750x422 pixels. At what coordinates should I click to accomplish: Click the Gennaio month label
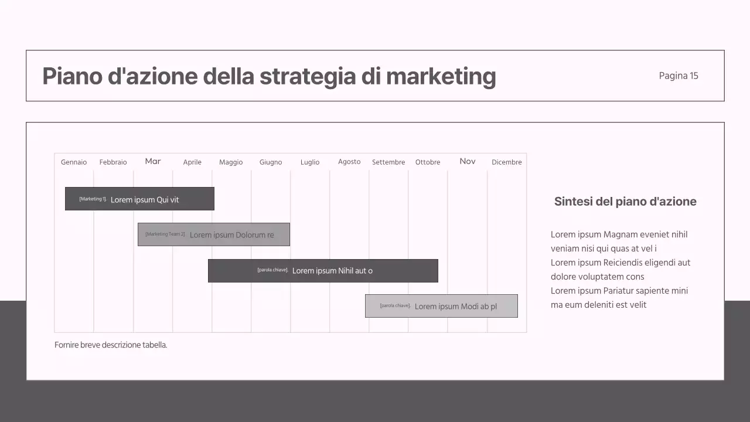coord(74,162)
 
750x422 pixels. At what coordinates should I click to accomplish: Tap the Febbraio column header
coord(113,162)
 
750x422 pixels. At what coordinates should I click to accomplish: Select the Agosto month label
coord(349,162)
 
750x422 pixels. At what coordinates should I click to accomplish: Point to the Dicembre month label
coord(507,162)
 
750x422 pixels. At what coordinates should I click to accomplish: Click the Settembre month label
coord(388,162)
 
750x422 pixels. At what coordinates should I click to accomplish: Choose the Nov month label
coord(468,161)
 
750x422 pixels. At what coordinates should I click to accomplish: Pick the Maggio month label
coord(231,162)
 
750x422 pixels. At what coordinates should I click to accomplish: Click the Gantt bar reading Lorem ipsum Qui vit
coord(139,199)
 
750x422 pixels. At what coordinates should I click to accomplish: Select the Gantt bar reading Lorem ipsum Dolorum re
coord(213,234)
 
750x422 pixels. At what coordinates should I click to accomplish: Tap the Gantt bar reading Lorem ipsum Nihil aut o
coord(323,271)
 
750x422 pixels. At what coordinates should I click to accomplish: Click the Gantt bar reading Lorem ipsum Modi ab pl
coord(441,306)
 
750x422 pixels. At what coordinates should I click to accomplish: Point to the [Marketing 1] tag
coord(93,199)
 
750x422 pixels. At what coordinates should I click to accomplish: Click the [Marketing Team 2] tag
coord(165,234)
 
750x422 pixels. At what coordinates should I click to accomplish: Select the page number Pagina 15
coord(679,76)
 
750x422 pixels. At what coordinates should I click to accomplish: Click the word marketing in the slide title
coord(441,76)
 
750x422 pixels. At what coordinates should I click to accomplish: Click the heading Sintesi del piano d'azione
coord(625,202)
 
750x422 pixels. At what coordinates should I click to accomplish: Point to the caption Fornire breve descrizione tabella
coord(111,345)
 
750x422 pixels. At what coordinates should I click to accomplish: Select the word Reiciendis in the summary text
coord(625,263)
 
